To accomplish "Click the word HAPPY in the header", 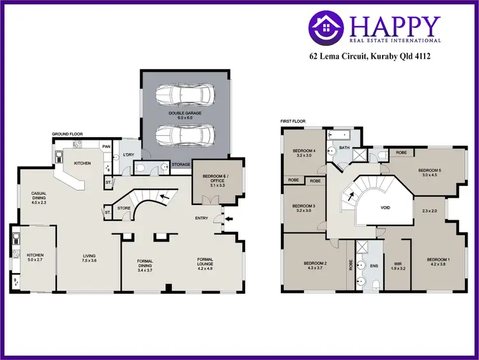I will tap(395, 26).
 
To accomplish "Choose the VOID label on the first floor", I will tap(385, 208).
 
